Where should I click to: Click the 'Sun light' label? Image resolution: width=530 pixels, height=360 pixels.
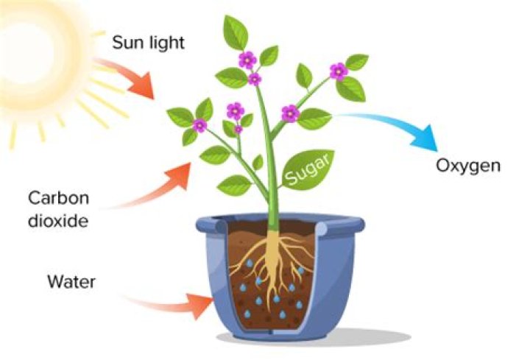(x=148, y=42)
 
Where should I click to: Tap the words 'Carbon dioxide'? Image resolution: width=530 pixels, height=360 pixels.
(x=58, y=209)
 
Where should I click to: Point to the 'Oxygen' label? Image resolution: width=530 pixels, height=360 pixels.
(x=468, y=165)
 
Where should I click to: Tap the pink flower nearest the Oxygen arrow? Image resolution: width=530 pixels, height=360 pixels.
(x=338, y=71)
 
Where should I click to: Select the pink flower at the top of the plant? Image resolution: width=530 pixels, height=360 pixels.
(x=247, y=59)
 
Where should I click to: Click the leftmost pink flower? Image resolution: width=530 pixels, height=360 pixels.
(x=199, y=125)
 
